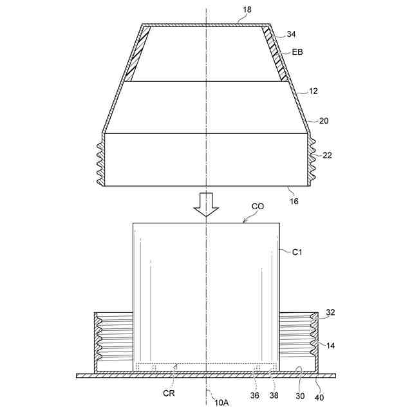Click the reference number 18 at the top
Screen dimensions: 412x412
pos(247,10)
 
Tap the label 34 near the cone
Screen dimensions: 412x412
pos(291,34)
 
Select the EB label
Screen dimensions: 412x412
pos(297,52)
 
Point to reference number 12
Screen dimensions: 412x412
pos(314,91)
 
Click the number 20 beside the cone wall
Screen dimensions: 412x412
pos(324,121)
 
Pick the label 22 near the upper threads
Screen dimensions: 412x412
pos(327,156)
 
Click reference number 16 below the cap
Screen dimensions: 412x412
pos(294,201)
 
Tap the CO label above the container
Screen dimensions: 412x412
pos(257,207)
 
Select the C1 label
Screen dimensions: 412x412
pos(297,252)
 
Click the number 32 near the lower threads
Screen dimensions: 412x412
pos(330,312)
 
